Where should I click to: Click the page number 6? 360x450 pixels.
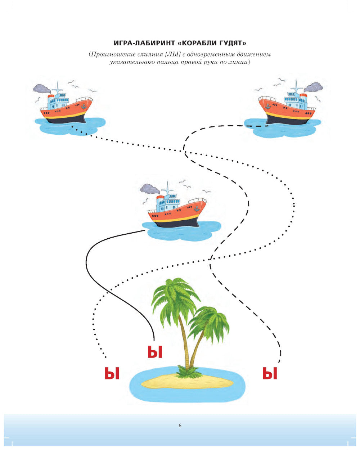tap(180, 426)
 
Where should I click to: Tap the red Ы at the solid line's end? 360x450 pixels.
tap(155, 352)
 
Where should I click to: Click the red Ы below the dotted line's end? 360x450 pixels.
tap(112, 373)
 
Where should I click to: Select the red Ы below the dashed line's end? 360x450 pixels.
tap(270, 373)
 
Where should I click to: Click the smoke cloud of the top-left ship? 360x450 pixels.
tap(42, 89)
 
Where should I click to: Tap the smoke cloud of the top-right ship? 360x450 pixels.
tap(313, 87)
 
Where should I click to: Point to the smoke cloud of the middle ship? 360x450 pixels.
tap(150, 189)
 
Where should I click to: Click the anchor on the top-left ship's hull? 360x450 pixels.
tap(84, 106)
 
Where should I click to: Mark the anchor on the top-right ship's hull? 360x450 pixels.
tap(268, 106)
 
